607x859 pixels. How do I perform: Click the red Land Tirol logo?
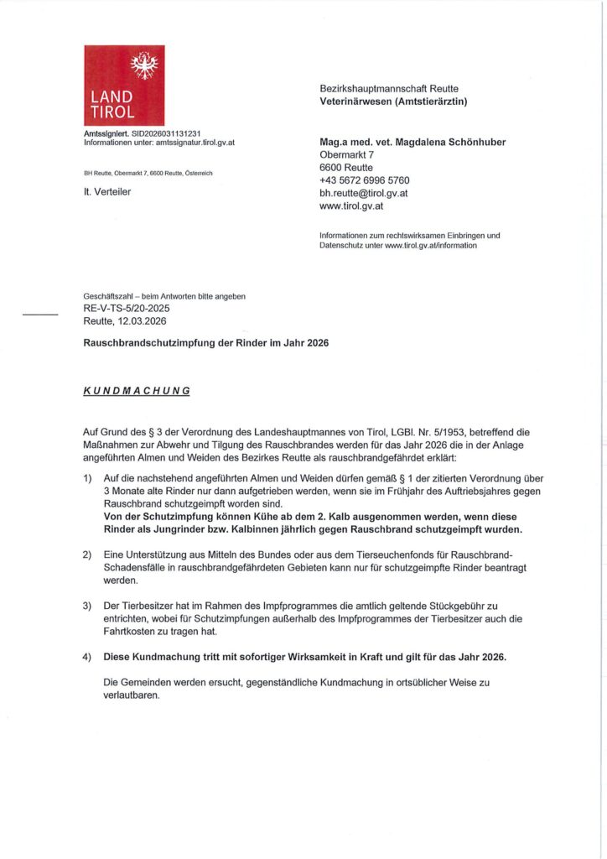click(124, 85)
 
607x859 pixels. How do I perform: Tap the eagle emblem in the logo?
click(144, 65)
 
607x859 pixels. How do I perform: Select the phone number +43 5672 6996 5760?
click(365, 180)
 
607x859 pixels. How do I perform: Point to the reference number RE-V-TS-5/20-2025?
click(127, 309)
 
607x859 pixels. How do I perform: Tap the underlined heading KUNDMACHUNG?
click(137, 391)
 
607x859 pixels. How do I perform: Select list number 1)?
click(87, 477)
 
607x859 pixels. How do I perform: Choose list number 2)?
click(87, 555)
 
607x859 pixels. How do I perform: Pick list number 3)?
click(87, 605)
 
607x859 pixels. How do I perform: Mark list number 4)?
click(87, 657)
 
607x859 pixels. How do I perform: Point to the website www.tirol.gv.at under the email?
click(351, 206)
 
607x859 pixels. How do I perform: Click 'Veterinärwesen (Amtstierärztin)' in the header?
click(393, 102)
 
